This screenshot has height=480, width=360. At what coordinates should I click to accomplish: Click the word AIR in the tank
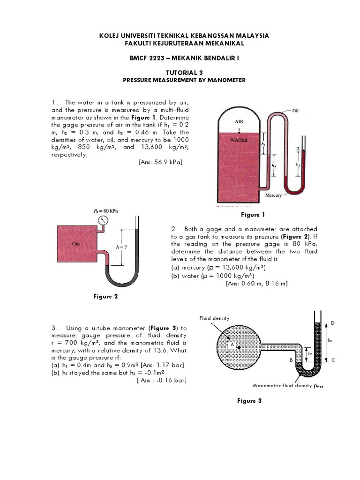pos(239,121)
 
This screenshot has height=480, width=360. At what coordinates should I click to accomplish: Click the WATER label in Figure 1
pos(239,140)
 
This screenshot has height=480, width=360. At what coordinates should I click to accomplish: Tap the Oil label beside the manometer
pos(295,111)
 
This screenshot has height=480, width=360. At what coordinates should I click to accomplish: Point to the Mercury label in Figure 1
pos(273,195)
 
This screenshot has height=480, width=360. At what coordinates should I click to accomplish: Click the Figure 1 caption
pos(253,215)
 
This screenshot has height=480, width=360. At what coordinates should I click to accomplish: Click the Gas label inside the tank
pos(76,244)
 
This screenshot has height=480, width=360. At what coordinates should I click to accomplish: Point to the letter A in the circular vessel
pos(232,344)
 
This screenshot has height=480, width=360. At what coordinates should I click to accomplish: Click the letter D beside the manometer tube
pos(333,323)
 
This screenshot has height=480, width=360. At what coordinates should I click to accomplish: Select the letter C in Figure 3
pos(333,360)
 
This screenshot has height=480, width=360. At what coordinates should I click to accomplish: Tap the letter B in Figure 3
pos(291,360)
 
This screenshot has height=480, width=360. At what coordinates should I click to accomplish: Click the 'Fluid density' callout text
pos(214,318)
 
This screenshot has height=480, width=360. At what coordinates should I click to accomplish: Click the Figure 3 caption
pos(253,401)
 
